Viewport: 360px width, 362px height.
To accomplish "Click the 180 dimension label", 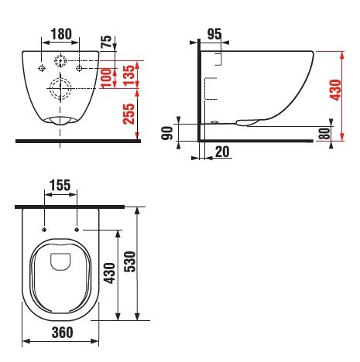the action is pos(61,34).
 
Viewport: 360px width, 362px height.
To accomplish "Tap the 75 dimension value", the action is pos(107,41).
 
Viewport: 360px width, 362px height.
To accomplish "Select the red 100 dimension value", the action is pos(106,77).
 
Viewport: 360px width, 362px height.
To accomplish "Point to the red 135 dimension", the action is pos(129,76).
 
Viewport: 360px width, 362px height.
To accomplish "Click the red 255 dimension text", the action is pos(129,114).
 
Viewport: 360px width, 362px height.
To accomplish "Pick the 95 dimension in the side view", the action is pos(214,34).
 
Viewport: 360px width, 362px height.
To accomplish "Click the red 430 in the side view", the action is pos(335,90).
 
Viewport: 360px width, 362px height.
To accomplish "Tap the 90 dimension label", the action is pos(167,133).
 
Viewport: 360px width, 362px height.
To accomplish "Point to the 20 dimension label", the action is pos(222,152).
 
